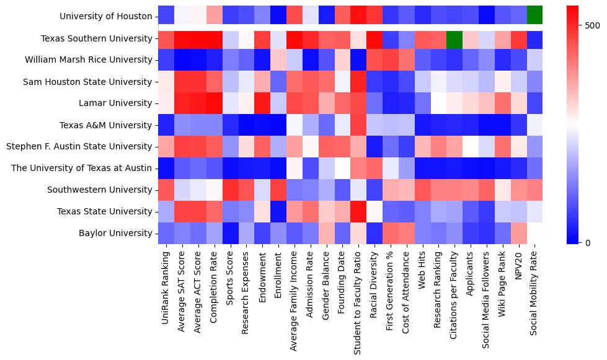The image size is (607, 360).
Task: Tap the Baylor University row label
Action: point(117,233)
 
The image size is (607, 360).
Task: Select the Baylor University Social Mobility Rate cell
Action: point(534,233)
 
